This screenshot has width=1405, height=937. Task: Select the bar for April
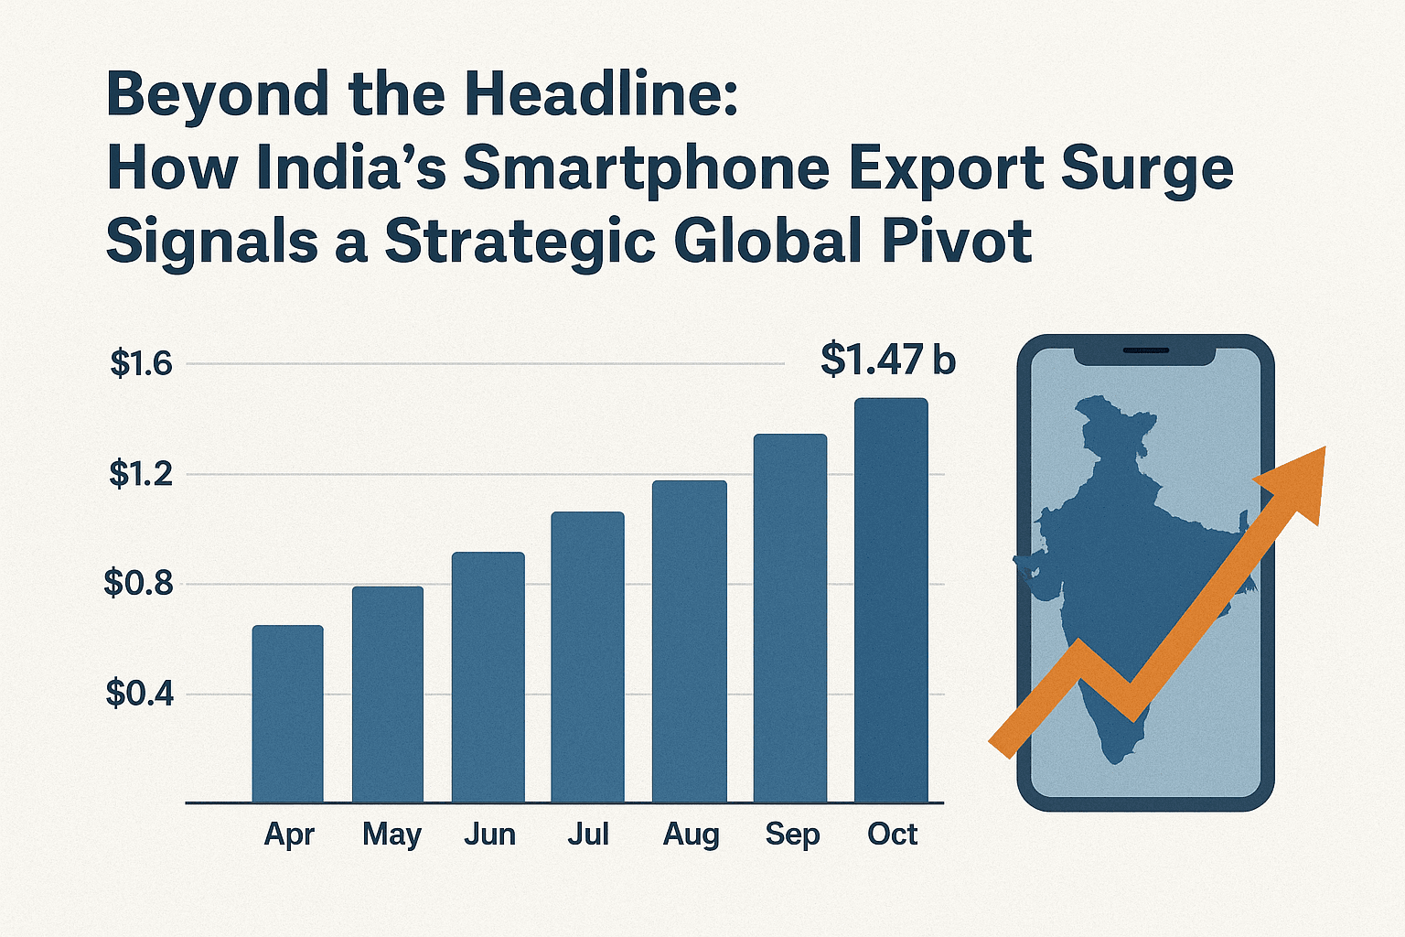[287, 714]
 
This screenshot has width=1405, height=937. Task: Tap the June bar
[488, 677]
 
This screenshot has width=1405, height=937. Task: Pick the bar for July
[587, 657]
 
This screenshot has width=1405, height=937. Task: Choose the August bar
[689, 641]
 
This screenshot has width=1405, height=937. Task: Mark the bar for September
[790, 618]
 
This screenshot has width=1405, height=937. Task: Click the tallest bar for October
[891, 600]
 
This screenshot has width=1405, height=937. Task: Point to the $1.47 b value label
[887, 360]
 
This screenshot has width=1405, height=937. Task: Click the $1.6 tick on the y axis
[141, 364]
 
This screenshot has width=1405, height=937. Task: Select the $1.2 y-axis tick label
[141, 474]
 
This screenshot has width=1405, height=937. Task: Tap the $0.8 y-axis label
[139, 583]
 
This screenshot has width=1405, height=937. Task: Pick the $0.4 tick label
[139, 694]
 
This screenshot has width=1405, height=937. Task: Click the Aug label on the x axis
[691, 835]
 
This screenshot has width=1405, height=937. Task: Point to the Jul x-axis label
[587, 835]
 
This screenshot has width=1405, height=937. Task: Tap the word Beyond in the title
[218, 95]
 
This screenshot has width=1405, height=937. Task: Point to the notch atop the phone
[1145, 351]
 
